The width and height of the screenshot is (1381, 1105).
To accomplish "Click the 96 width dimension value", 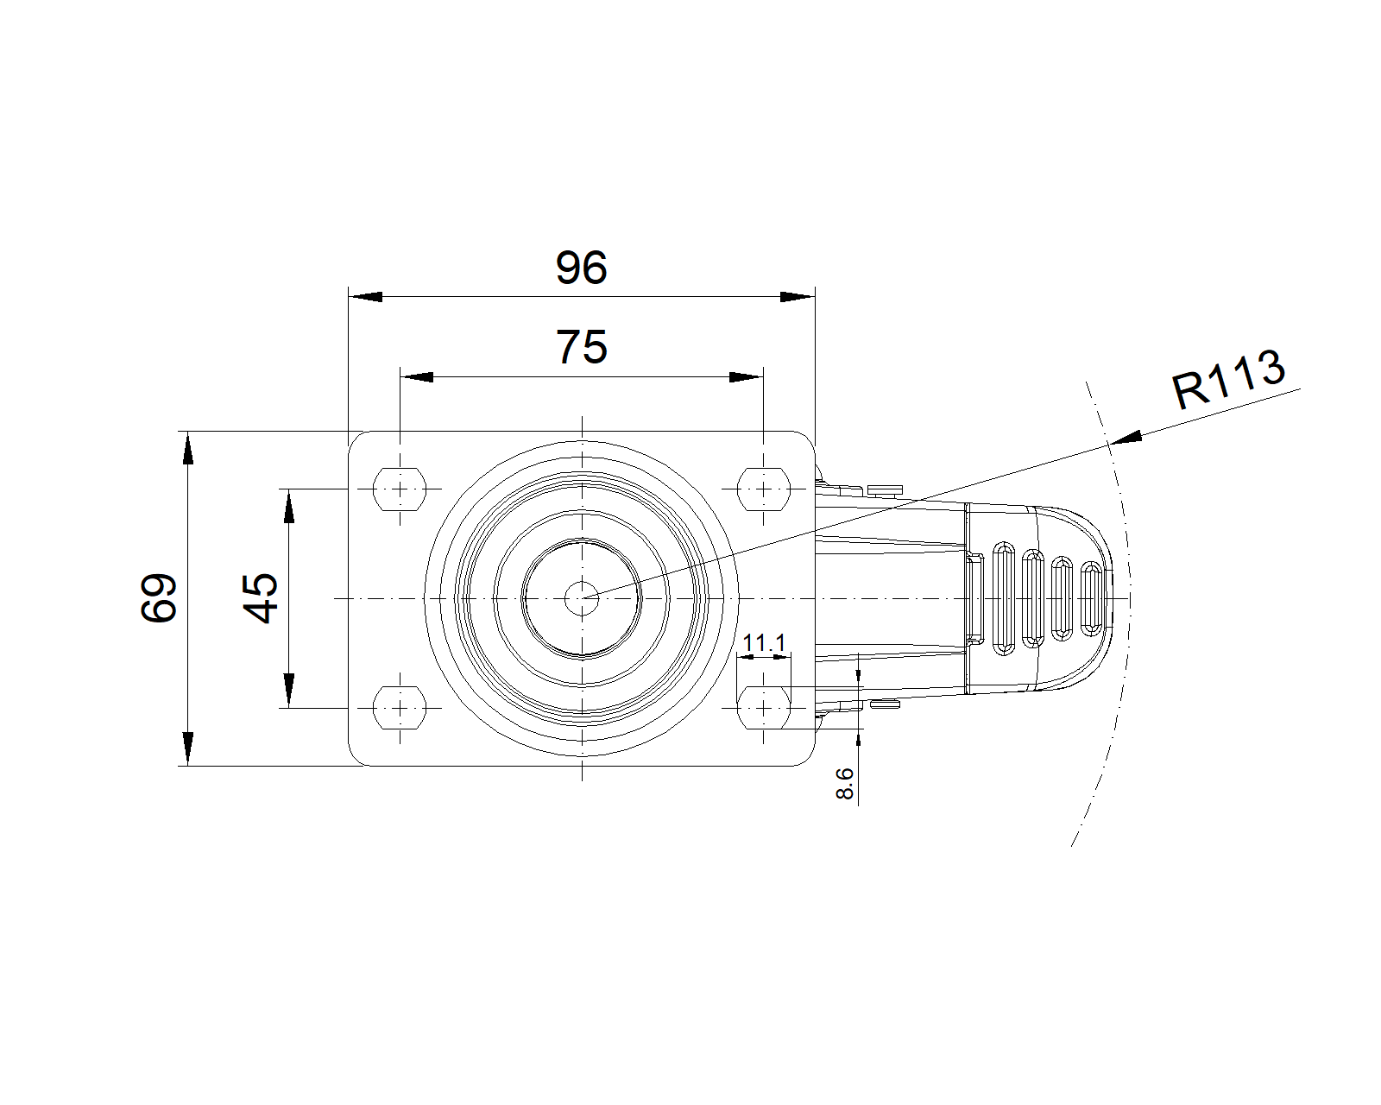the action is (x=581, y=267).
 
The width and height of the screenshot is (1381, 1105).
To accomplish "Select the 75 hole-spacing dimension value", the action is (x=582, y=347).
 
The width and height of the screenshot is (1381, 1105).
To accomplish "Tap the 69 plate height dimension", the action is (x=159, y=597).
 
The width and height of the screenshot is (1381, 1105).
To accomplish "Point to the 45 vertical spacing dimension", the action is (x=260, y=597).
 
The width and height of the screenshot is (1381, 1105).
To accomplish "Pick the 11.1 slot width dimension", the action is (x=764, y=642).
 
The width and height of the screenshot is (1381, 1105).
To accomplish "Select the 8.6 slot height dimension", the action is (x=844, y=783).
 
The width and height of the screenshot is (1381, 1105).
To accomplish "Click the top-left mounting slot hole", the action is (x=400, y=489).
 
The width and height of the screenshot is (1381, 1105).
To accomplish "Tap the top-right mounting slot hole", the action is (x=764, y=489).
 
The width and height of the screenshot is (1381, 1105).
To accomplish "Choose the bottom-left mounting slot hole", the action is (x=400, y=708).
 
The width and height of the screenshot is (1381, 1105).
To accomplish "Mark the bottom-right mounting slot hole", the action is (x=764, y=708).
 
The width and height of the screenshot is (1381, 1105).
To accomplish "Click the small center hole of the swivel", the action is (x=582, y=598).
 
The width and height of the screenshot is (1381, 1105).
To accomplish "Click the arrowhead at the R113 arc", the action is (x=1126, y=437).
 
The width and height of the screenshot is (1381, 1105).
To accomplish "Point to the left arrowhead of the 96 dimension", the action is (x=365, y=297).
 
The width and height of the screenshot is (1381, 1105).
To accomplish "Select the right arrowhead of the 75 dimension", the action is (x=747, y=377).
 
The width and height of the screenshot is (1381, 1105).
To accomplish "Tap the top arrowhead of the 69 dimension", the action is (x=187, y=448).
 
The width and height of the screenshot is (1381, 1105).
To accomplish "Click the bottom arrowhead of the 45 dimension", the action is (x=289, y=691).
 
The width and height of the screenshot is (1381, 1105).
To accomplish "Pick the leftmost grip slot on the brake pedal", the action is (x=1004, y=598).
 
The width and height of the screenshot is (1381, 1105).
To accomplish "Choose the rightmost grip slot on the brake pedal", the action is (x=1092, y=598).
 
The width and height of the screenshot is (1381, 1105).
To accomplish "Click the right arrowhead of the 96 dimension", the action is (x=798, y=297).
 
